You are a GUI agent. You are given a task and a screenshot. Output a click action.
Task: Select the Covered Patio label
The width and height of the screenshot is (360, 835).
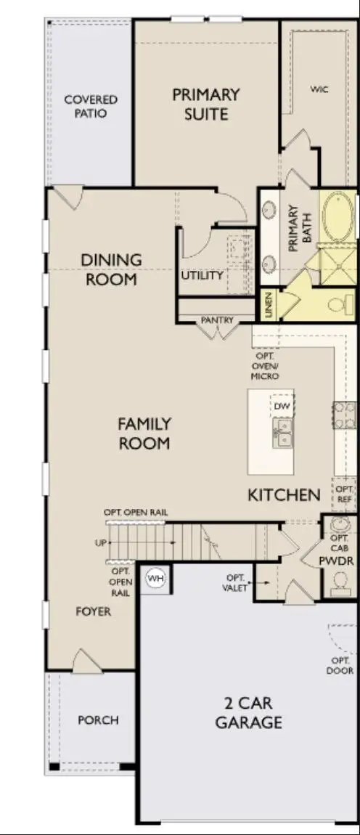(91, 106)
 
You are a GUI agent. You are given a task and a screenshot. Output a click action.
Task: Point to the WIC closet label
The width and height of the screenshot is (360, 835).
(319, 89)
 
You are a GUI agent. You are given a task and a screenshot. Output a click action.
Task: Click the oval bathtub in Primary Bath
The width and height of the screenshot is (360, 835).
(337, 218)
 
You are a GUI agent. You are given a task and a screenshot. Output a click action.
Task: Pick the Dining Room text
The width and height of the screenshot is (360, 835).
(111, 269)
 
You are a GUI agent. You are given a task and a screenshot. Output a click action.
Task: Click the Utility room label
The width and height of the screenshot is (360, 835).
(202, 275)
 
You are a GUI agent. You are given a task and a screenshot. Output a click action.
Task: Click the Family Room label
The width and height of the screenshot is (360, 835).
(144, 433)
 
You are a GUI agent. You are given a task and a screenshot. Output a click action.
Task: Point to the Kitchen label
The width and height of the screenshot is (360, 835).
(284, 495)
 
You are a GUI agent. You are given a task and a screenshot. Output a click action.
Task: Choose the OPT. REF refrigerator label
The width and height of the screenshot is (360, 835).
(345, 494)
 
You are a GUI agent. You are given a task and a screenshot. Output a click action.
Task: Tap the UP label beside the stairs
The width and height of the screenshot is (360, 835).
(100, 542)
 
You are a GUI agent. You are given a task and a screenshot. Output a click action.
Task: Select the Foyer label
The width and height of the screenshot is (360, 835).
(94, 611)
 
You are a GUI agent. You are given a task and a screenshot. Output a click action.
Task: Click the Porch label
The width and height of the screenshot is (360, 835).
(98, 720)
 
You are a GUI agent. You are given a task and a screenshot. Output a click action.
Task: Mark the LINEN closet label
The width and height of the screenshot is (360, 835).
(269, 304)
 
